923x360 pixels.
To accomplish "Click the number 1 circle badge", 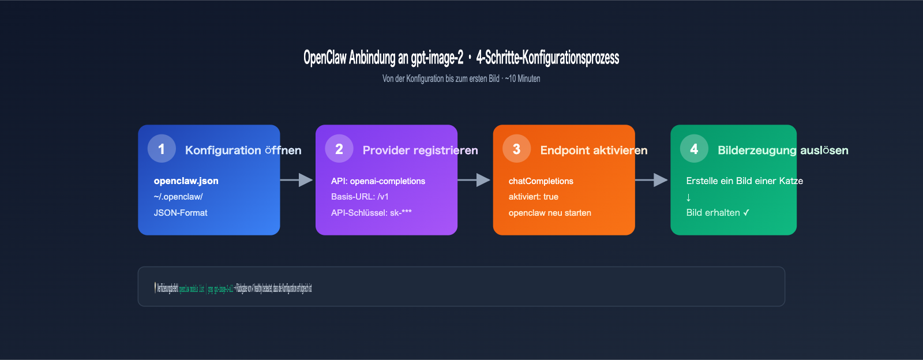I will [x=162, y=149].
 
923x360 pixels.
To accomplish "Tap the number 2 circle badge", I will [x=339, y=149].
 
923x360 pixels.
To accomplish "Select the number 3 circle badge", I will [x=516, y=149].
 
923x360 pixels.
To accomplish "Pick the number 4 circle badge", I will [x=694, y=149].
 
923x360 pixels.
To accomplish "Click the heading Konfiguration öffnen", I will [x=243, y=151].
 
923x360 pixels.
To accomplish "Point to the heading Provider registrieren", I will [x=420, y=151].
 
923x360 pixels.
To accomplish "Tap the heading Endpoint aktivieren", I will [x=594, y=151].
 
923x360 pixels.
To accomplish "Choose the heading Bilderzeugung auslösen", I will [x=783, y=151].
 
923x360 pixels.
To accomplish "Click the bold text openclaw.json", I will [x=186, y=181].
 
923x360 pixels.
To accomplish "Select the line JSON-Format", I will [x=181, y=213].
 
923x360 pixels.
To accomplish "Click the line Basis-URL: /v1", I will [x=360, y=197].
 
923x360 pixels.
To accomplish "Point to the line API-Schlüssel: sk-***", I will [x=372, y=213].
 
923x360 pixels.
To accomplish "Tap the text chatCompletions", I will [x=541, y=181].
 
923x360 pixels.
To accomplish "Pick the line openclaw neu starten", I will [x=550, y=213].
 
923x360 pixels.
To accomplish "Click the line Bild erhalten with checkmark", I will [x=718, y=213].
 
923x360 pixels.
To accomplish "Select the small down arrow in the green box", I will [x=688, y=197].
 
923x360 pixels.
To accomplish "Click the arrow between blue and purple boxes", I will [x=297, y=180].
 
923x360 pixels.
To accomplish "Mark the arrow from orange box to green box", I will [x=652, y=180].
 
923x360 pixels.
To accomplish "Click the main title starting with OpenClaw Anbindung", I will [x=461, y=58].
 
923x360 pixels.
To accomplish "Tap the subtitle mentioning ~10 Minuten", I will [x=461, y=78].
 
